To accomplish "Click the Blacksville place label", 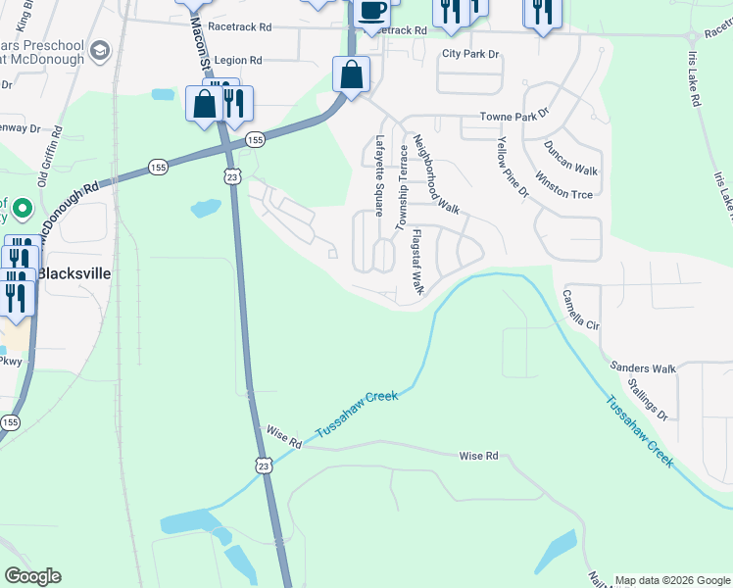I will (x=77, y=274).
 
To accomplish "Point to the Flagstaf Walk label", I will (x=417, y=262).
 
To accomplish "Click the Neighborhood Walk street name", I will (x=436, y=173).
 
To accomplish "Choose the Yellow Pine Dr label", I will (x=512, y=167).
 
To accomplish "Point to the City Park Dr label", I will (x=469, y=55).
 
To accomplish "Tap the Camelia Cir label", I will (x=580, y=308).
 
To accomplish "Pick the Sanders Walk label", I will (x=643, y=368).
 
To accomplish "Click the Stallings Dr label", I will (x=648, y=401).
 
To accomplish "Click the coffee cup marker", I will (x=371, y=10).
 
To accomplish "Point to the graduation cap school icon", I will (x=98, y=50).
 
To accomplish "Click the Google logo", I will (x=32, y=576).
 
